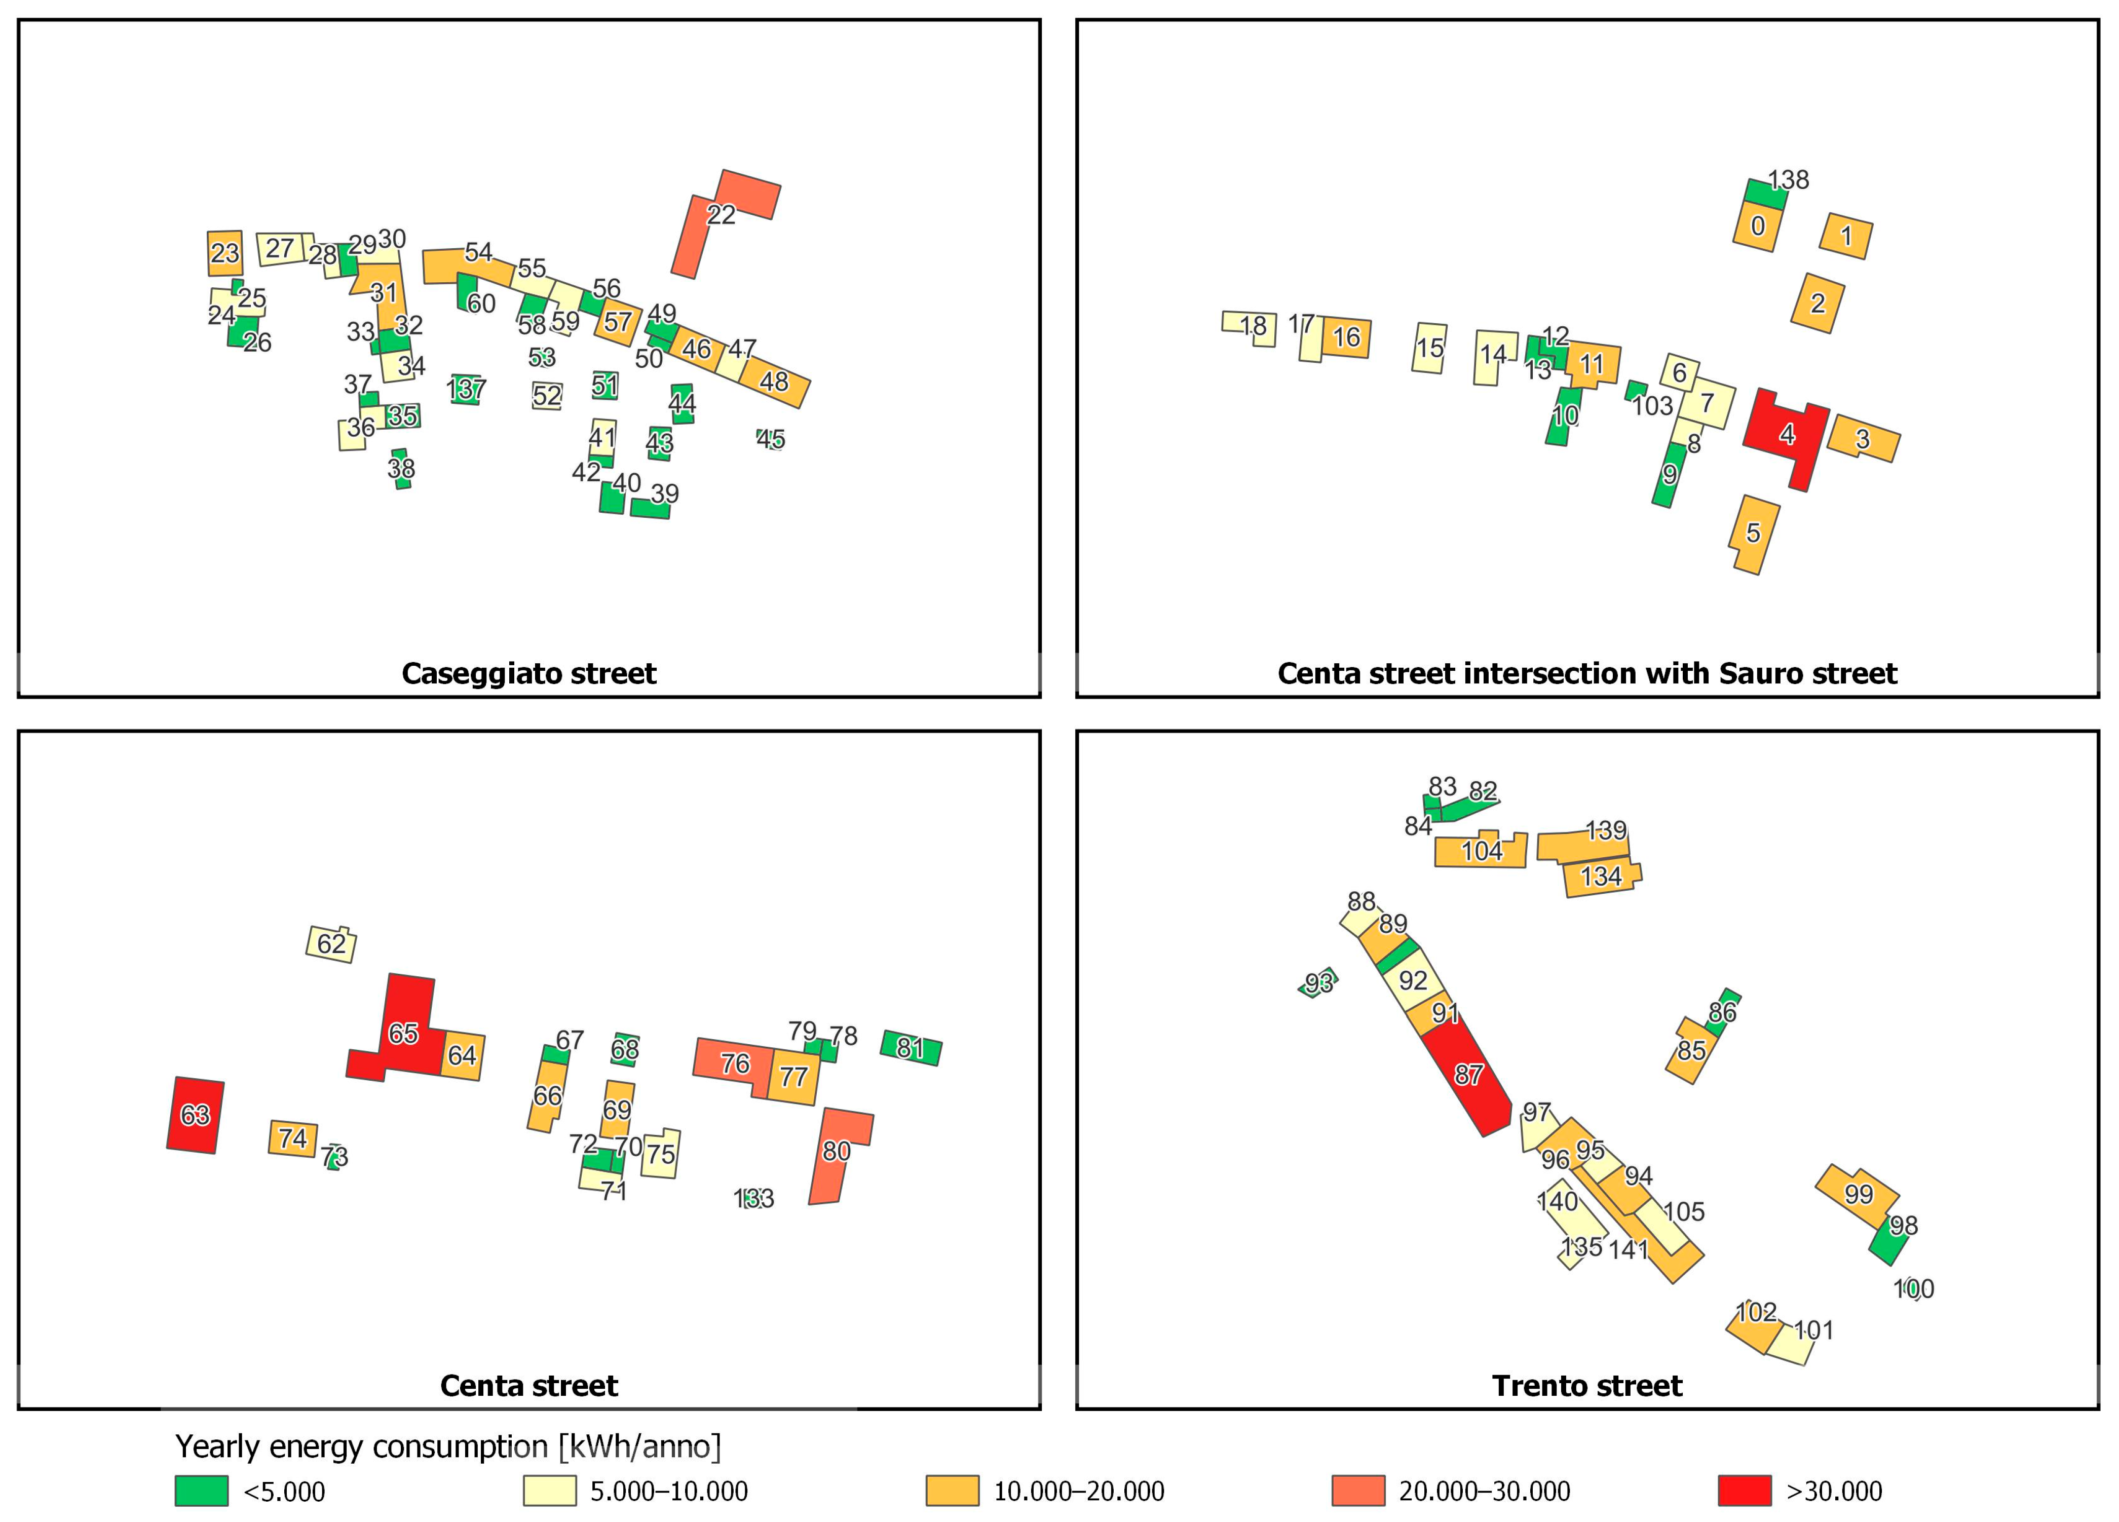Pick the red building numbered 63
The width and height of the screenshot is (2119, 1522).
tap(195, 1115)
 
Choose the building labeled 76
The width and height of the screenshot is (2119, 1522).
tap(734, 1064)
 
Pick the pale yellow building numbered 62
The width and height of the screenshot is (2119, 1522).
tap(331, 944)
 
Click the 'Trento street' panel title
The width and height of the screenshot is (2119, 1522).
tap(1586, 1386)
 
